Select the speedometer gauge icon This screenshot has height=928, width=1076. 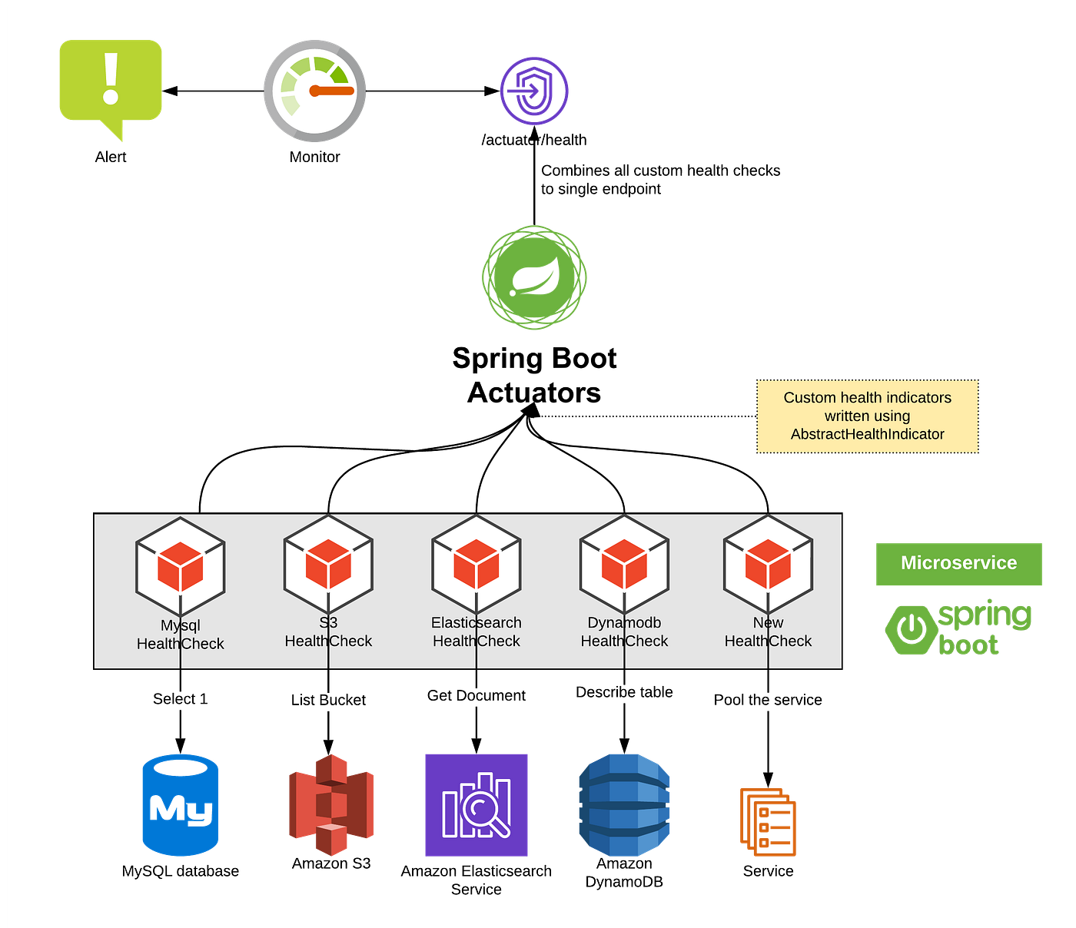tap(315, 91)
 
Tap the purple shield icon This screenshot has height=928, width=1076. tap(534, 91)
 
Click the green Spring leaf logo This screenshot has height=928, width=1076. tap(534, 278)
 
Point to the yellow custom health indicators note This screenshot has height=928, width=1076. tap(868, 416)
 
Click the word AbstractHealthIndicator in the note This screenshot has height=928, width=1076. tap(867, 434)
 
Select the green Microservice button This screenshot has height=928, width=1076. tap(958, 563)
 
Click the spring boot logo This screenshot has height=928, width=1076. tap(958, 628)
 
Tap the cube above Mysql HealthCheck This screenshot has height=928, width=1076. tap(181, 567)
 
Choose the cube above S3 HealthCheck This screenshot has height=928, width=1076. tap(328, 564)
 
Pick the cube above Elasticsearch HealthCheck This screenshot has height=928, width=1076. tap(477, 564)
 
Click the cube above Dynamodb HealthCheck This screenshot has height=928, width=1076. tap(624, 564)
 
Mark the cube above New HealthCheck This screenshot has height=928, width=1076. tap(768, 564)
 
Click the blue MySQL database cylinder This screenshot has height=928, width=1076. tap(181, 804)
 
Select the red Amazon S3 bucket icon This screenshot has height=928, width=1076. tap(331, 804)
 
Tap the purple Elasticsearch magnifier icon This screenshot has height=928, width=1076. tap(477, 804)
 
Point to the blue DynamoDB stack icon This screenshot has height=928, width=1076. tap(624, 804)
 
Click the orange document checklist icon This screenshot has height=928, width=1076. tap(768, 821)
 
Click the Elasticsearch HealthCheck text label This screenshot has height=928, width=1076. tap(477, 631)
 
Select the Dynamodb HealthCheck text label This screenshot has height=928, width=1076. tap(624, 631)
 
